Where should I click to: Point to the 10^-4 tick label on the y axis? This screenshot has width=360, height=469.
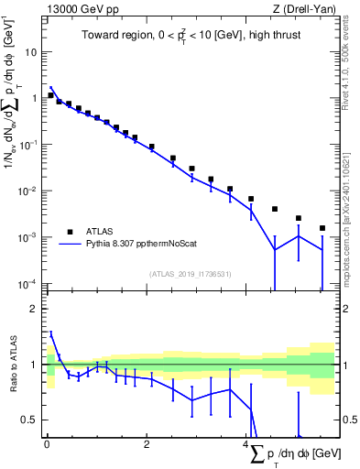(29, 283)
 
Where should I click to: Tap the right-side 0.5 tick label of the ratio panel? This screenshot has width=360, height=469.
(348, 420)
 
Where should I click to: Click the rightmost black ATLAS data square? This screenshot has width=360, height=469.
(322, 228)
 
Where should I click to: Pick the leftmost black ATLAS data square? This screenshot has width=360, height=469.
(50, 95)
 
